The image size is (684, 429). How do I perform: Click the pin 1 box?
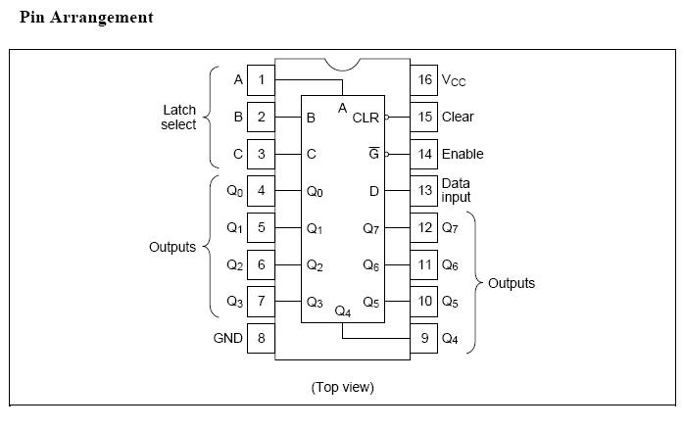(261, 79)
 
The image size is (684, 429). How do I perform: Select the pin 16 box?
(424, 79)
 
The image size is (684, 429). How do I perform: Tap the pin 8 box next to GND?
(261, 339)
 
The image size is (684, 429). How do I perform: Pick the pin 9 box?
(424, 339)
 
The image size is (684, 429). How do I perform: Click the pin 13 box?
(424, 190)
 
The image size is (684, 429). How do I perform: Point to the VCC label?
(454, 80)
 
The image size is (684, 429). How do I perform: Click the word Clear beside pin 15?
(458, 117)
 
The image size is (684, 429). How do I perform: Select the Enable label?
(463, 154)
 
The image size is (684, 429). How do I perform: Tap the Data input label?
(457, 190)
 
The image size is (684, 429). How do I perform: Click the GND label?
(227, 339)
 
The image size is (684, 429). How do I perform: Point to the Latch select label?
(179, 117)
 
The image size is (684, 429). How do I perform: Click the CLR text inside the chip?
(366, 118)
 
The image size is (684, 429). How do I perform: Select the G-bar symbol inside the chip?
(372, 154)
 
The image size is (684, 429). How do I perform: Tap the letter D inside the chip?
(373, 191)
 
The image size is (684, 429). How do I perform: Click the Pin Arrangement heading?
(86, 18)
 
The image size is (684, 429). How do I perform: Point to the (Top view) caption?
(342, 387)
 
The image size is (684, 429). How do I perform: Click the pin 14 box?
(424, 154)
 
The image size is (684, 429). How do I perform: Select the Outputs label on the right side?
(512, 283)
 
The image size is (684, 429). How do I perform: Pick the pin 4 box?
(261, 190)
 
